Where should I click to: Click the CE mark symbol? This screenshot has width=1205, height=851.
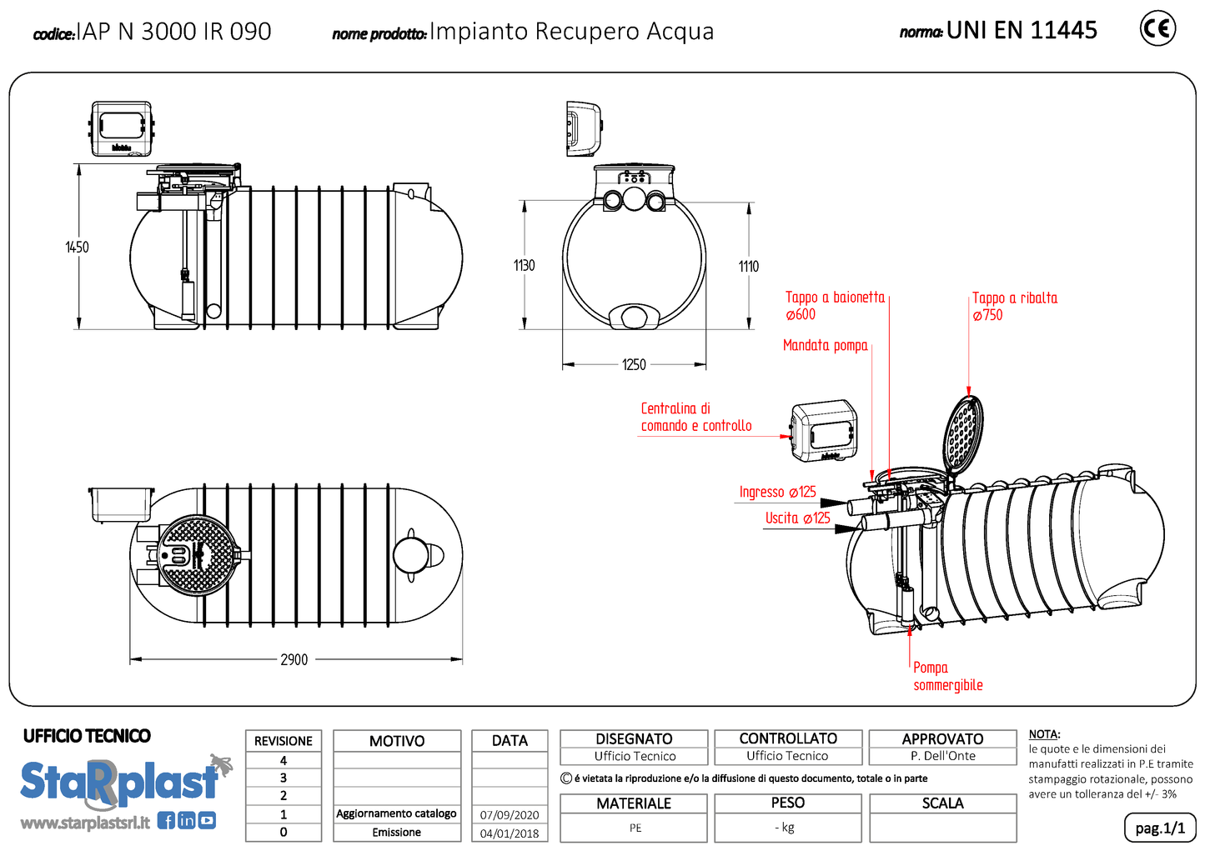pyautogui.click(x=1157, y=29)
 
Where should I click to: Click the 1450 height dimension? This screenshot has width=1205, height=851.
pyautogui.click(x=77, y=247)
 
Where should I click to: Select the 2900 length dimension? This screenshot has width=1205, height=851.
pyautogui.click(x=294, y=659)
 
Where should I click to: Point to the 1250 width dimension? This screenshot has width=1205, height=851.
pyautogui.click(x=634, y=364)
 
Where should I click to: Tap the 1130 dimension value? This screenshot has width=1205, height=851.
pyautogui.click(x=524, y=265)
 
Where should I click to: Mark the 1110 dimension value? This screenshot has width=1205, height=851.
pyautogui.click(x=748, y=266)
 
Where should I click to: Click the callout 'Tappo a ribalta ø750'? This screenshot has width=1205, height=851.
pyautogui.click(x=1014, y=306)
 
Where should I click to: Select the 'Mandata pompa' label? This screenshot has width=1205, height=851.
pyautogui.click(x=825, y=345)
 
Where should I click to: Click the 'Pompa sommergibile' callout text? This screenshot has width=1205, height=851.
pyautogui.click(x=947, y=676)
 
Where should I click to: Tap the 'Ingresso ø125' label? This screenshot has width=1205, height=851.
pyautogui.click(x=777, y=492)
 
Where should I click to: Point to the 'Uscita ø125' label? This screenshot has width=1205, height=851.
pyautogui.click(x=797, y=518)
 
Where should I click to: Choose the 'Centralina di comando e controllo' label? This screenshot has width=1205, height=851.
pyautogui.click(x=695, y=417)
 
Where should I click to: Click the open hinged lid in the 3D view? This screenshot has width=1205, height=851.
pyautogui.click(x=965, y=432)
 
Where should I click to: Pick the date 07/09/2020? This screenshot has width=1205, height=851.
pyautogui.click(x=510, y=814)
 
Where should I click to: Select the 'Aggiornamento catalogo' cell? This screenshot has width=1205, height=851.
pyautogui.click(x=396, y=813)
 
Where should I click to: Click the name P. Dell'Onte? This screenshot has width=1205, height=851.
pyautogui.click(x=942, y=756)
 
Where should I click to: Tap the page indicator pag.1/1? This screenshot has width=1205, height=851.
pyautogui.click(x=1159, y=828)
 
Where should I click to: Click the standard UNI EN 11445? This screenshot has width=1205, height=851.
pyautogui.click(x=1021, y=31)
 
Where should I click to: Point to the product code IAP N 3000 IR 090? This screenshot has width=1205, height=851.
pyautogui.click(x=173, y=32)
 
